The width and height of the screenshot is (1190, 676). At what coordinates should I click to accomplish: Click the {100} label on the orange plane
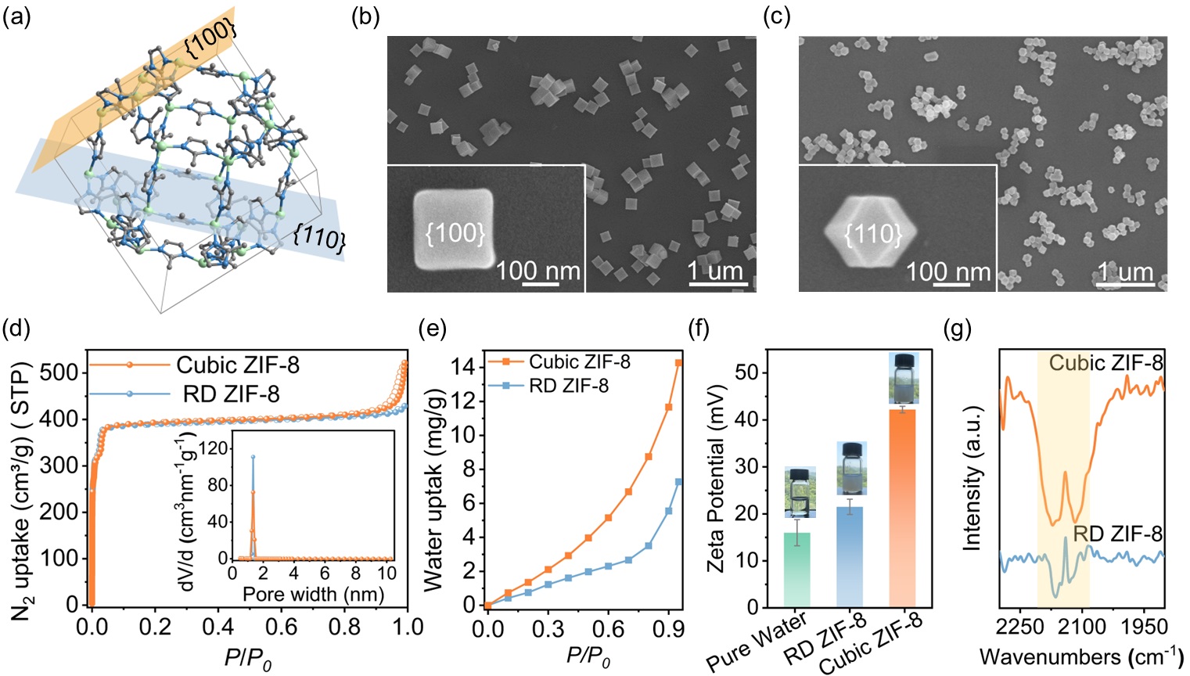[x=209, y=38]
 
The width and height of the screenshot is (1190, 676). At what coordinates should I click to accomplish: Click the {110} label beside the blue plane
[x=318, y=235]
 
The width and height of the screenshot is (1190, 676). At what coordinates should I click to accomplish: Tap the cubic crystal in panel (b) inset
[x=455, y=231]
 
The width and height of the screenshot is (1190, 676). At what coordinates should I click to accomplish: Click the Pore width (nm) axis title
[x=313, y=593]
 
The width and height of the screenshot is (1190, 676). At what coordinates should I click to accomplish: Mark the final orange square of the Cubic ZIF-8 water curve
[x=678, y=363]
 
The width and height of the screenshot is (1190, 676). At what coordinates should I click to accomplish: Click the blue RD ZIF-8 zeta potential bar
[x=849, y=556]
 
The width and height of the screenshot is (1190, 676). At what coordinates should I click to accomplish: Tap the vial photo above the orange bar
[x=904, y=379]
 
